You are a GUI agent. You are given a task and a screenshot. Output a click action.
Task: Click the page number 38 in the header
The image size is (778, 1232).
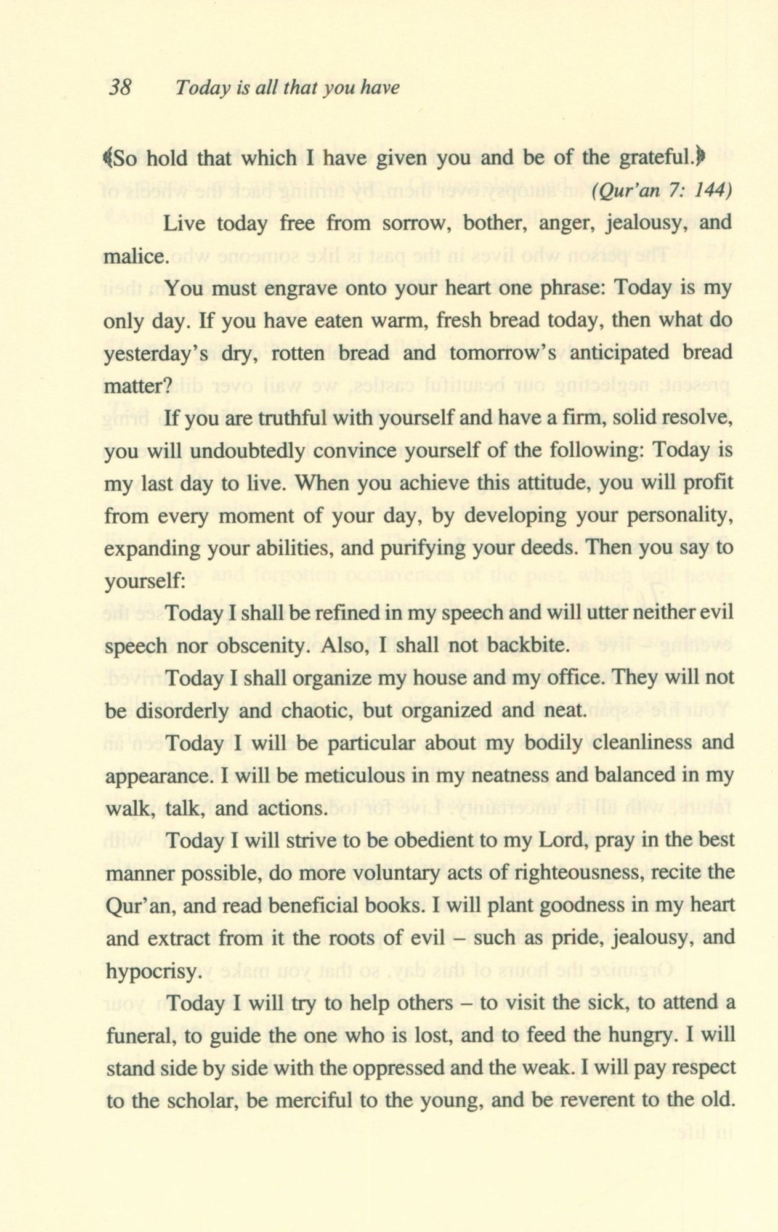120,88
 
